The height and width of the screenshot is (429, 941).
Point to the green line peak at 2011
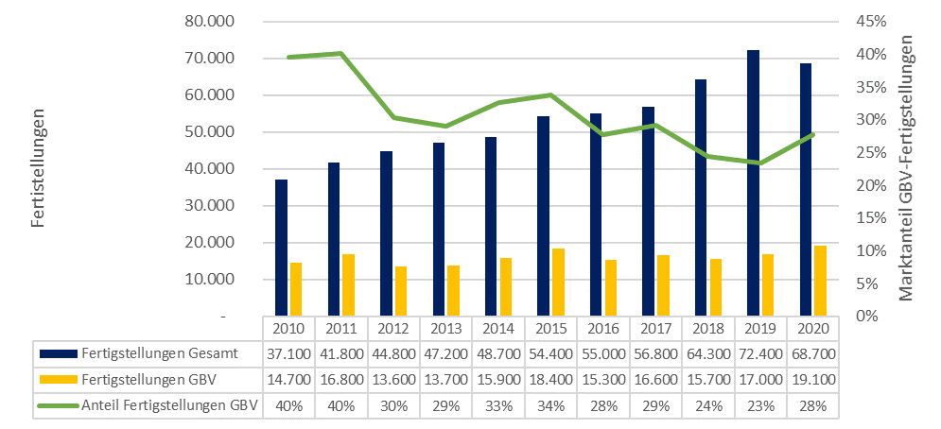pyautogui.click(x=340, y=54)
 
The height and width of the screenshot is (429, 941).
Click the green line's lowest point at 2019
pyautogui.click(x=760, y=163)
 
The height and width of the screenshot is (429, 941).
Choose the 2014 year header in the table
pyautogui.click(x=497, y=330)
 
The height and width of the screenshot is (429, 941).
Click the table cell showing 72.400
pyautogui.click(x=760, y=354)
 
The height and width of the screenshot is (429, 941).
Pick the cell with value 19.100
pyautogui.click(x=813, y=380)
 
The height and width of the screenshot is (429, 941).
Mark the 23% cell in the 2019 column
pyautogui.click(x=760, y=406)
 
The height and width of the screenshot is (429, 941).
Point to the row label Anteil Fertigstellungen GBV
pyautogui.click(x=170, y=406)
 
